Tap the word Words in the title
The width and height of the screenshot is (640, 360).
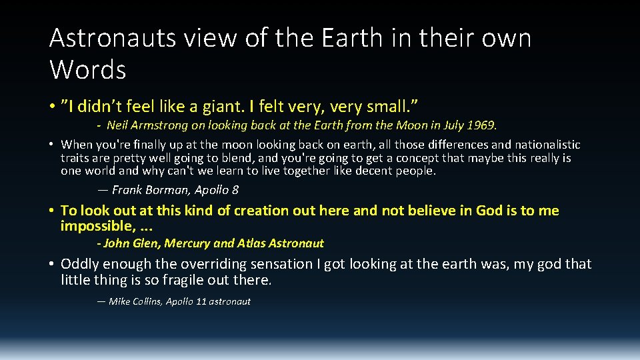tap(87, 69)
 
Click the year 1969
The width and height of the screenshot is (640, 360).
tap(482, 125)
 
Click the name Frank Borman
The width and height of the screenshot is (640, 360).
tap(151, 190)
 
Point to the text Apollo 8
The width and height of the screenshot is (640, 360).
tap(217, 190)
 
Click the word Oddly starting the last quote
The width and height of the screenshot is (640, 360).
tap(81, 264)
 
